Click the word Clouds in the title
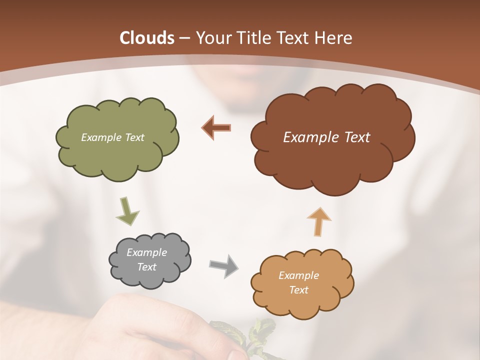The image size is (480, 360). pos(147,38)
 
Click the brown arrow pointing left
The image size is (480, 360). pos(216,127)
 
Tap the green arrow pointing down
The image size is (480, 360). pos(127,211)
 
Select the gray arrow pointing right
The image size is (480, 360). pos(223,265)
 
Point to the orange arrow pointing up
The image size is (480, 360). pos(319,221)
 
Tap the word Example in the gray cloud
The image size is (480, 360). pos(146,252)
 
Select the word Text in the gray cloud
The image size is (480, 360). pos(146,267)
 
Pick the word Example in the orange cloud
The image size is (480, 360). pos(298,275)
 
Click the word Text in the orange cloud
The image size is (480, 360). pos(298,290)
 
